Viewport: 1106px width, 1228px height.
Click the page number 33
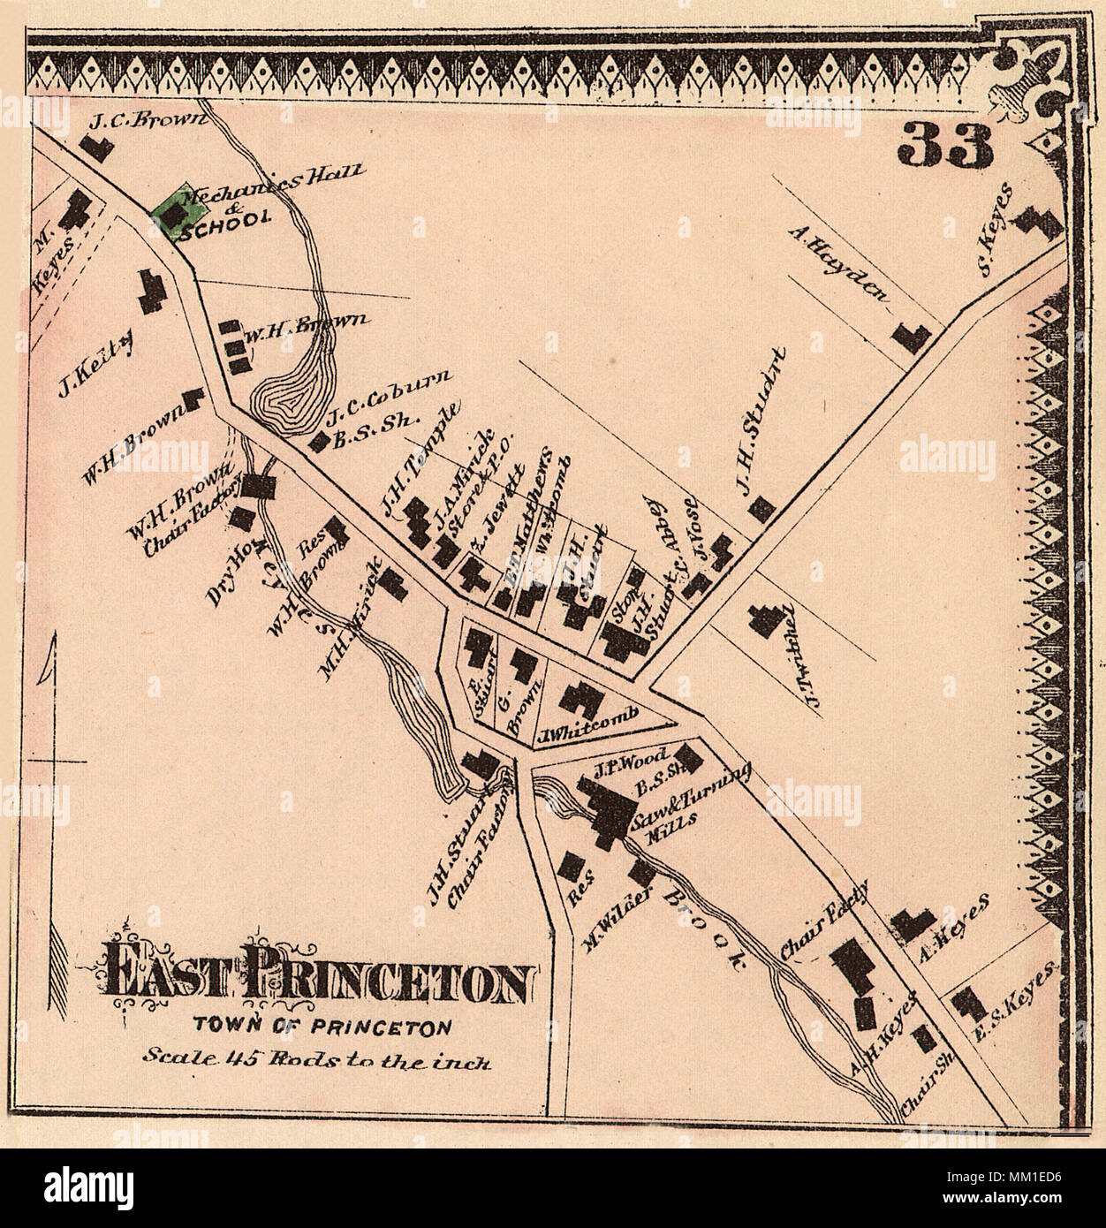click(x=946, y=145)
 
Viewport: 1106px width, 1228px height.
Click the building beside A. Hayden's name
click(x=913, y=336)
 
